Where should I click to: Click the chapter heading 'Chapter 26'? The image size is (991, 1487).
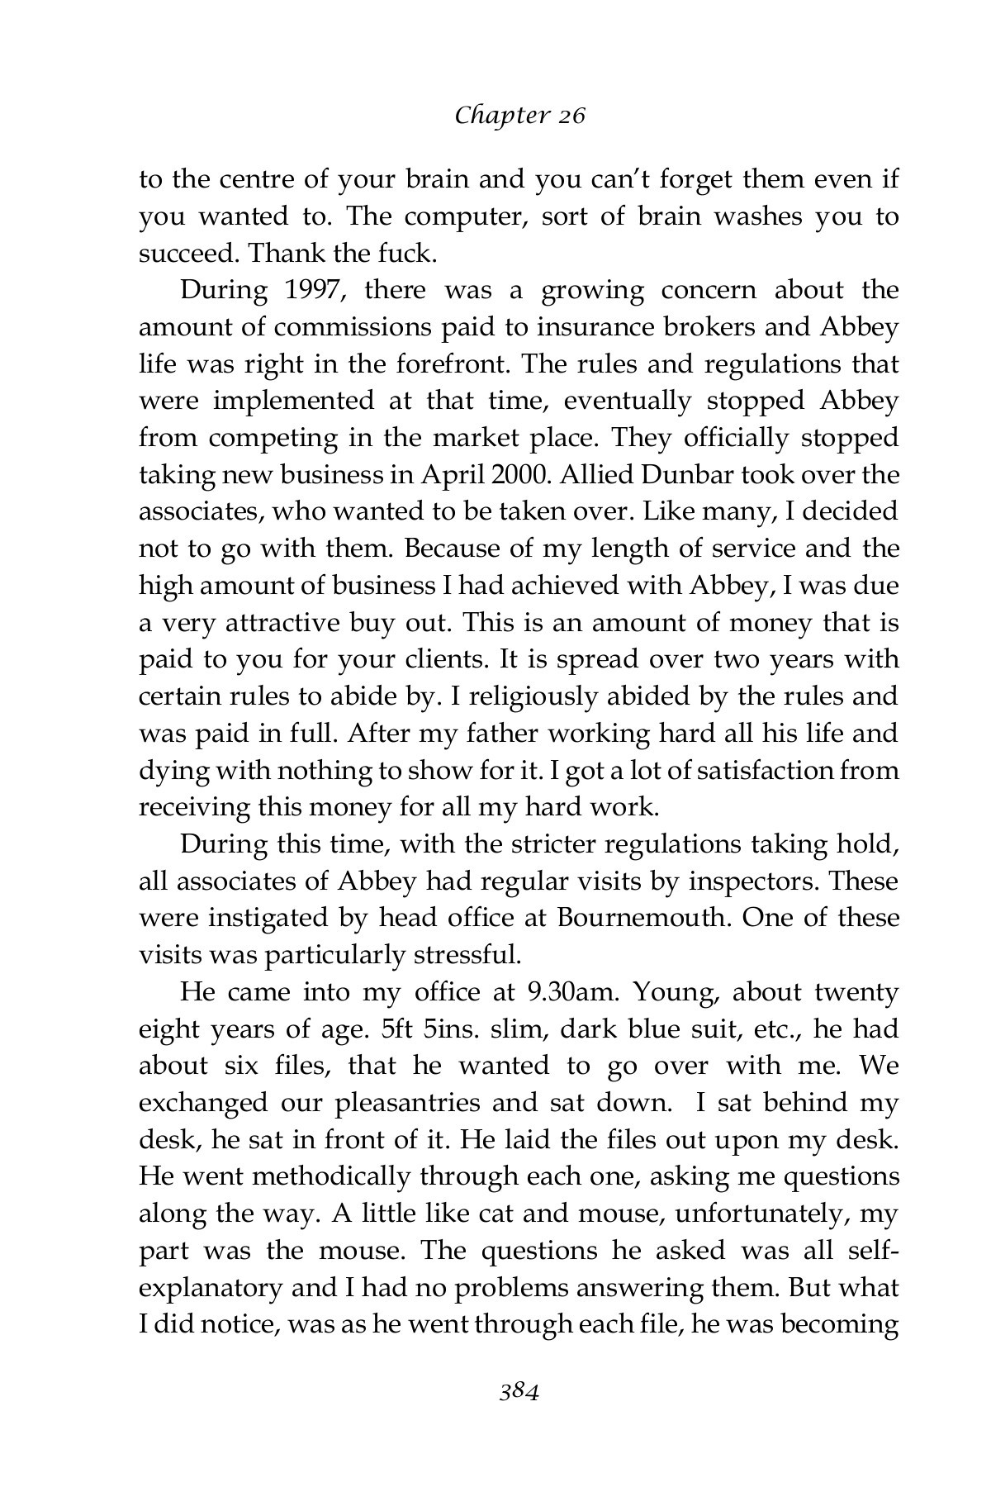[519, 116]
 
